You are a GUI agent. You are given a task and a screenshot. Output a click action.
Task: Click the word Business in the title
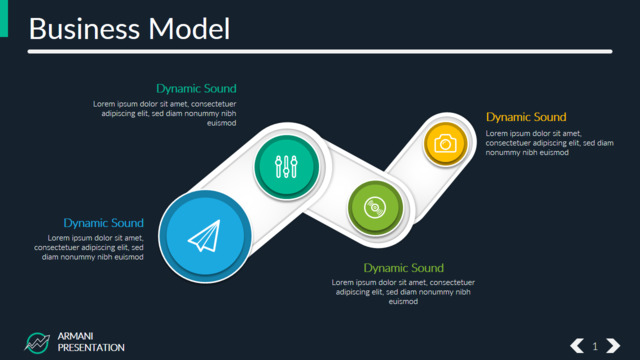tap(84, 29)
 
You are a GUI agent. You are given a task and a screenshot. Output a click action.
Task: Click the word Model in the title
tap(189, 29)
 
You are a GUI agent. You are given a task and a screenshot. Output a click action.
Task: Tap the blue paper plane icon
tap(204, 236)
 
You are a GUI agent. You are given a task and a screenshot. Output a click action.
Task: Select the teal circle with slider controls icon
tap(286, 167)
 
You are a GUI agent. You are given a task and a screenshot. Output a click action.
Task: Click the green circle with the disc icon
tap(375, 208)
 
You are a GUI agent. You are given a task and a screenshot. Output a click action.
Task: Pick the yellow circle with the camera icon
tap(445, 144)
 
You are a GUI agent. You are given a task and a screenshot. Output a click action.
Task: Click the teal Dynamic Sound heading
tap(196, 89)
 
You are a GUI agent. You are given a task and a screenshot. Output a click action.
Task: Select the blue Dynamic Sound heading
tap(104, 223)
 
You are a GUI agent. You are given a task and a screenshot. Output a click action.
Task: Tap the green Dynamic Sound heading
tap(403, 268)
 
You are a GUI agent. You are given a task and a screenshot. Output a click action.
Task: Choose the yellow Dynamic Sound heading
tap(526, 117)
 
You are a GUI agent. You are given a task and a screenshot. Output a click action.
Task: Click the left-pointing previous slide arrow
tap(577, 346)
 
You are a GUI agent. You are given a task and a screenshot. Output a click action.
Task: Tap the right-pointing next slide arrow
tap(613, 346)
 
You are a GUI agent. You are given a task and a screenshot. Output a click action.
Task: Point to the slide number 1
tap(595, 347)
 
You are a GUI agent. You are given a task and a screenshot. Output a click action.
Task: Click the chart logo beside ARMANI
tap(37, 343)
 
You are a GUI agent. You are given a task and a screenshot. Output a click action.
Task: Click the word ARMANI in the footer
tap(76, 336)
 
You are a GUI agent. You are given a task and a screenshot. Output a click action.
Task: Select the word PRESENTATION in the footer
tap(91, 348)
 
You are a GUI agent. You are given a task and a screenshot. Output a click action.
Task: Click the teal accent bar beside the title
tap(4, 18)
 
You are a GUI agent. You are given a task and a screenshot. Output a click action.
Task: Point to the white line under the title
tap(320, 51)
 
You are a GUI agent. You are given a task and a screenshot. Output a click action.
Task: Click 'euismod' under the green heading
tap(403, 302)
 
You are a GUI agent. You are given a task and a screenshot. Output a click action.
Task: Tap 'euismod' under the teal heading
tap(222, 123)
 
